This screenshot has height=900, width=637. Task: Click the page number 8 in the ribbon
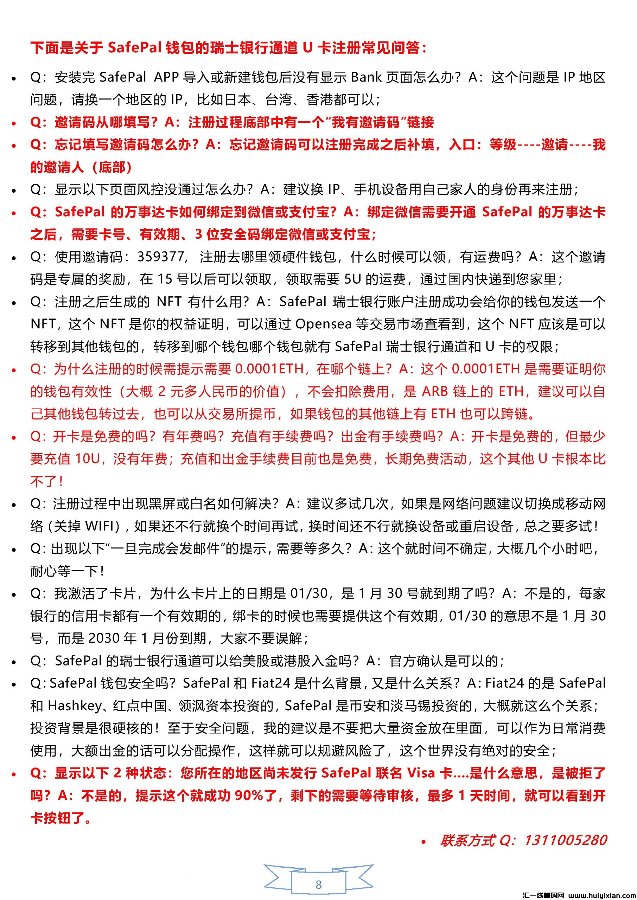coord(319,885)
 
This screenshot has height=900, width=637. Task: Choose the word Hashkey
coord(75,706)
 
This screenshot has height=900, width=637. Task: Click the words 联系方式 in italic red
coord(467,840)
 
